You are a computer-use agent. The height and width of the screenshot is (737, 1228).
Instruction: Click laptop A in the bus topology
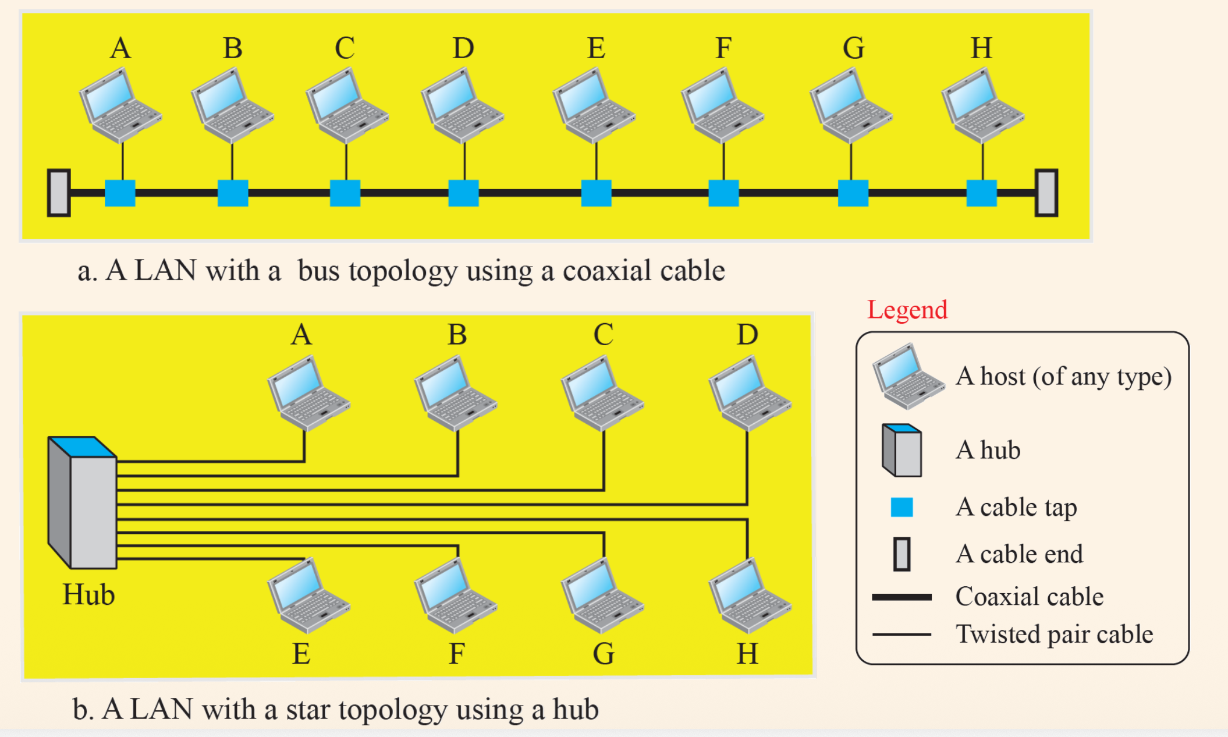click(120, 105)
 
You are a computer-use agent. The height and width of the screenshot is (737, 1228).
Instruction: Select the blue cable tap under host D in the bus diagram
click(464, 193)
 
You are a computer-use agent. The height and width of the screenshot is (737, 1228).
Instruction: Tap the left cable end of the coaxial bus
click(59, 193)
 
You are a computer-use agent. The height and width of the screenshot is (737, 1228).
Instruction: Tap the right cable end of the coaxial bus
click(1046, 193)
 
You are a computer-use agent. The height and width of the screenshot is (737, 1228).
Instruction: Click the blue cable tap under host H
click(982, 193)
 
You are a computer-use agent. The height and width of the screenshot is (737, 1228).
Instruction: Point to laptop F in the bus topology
click(722, 105)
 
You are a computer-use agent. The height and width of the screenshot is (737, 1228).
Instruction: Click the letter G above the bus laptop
click(854, 48)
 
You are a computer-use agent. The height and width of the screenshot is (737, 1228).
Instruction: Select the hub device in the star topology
click(82, 502)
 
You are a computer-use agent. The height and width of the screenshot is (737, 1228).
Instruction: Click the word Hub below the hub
click(88, 595)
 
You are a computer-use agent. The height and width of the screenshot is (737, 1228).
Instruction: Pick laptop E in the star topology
click(308, 596)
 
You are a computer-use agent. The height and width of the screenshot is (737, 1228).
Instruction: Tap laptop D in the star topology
click(750, 394)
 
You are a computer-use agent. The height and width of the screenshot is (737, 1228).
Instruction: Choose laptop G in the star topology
click(602, 596)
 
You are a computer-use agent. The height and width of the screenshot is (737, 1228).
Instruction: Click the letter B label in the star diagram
click(457, 335)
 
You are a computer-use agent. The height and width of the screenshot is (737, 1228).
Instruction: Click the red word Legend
click(907, 310)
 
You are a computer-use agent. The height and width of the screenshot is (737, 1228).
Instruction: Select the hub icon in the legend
click(902, 450)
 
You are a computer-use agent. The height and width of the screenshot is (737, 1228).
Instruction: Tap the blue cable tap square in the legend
click(902, 507)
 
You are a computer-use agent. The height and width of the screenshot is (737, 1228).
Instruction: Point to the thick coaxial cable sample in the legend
click(902, 597)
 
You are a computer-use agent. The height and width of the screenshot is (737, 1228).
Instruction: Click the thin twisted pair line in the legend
click(902, 635)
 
